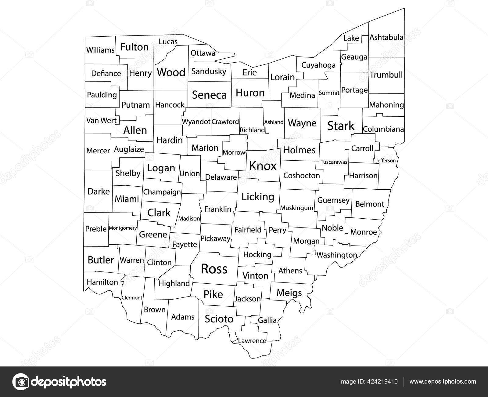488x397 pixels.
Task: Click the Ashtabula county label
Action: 386,38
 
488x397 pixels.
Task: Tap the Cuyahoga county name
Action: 318,65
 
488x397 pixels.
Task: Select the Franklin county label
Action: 218,209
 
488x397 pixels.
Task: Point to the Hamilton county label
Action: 102,282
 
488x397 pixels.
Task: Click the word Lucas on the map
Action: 168,42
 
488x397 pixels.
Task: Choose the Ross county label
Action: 214,269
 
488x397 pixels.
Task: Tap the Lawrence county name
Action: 252,341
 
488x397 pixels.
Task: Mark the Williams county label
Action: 100,50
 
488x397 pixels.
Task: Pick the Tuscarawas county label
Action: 334,162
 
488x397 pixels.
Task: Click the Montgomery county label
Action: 123,228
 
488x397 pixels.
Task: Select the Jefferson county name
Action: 386,160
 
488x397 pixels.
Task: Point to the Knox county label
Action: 263,166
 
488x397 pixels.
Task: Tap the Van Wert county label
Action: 101,121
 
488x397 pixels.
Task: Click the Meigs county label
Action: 289,293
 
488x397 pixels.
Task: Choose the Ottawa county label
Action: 203,53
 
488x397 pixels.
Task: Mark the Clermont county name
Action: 132,297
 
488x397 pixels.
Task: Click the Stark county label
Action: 341,126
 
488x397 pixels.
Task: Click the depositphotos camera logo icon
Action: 21,382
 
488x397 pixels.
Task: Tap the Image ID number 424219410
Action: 382,381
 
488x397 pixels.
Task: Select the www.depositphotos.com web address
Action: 443,381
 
